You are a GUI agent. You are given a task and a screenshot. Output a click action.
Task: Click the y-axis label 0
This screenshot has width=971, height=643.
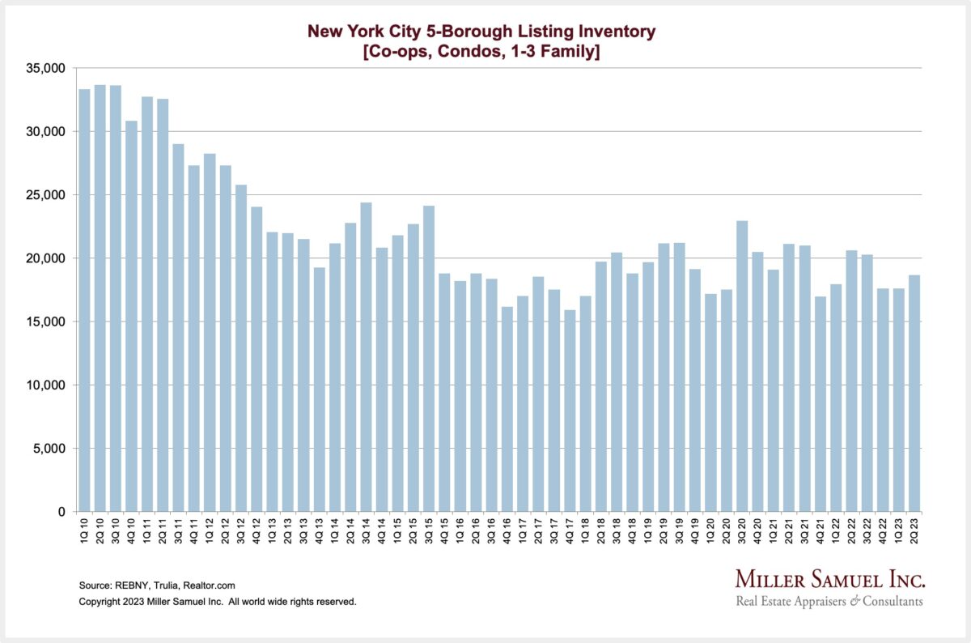[61, 512]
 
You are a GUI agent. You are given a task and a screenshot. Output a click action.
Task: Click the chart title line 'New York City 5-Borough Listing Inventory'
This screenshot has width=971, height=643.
[481, 32]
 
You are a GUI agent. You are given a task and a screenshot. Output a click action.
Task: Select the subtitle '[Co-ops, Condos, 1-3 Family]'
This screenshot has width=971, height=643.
[481, 52]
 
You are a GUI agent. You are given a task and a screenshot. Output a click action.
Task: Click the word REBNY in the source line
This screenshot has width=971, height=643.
[130, 585]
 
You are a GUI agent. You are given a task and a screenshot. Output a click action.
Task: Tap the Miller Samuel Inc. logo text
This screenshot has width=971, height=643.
[829, 579]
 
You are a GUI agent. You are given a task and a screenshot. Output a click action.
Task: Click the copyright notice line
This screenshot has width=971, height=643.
[218, 602]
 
